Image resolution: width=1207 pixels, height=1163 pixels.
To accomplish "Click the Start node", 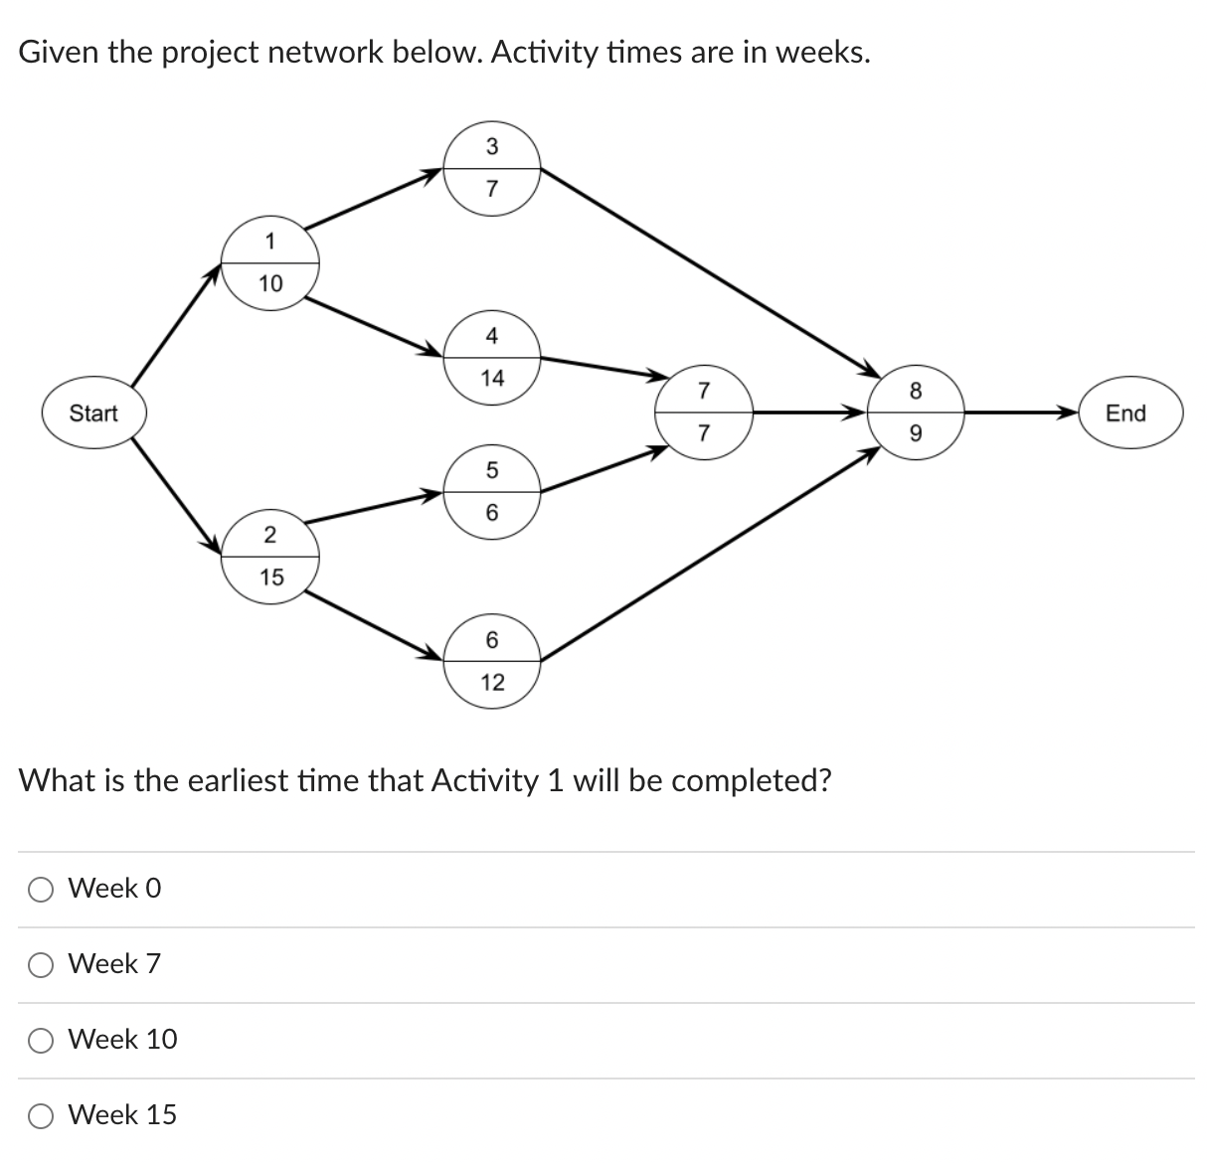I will point(93,413).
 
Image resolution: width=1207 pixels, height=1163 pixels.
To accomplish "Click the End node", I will point(1125,413).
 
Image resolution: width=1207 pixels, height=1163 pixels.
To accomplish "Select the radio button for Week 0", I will point(42,890).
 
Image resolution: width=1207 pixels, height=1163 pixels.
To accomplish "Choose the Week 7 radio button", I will point(42,964).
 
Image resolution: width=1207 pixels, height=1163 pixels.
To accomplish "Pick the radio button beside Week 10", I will point(42,1040).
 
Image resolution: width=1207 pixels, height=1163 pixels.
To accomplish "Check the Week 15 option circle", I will point(42,1115).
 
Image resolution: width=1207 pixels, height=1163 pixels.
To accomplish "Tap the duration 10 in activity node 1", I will point(270,284).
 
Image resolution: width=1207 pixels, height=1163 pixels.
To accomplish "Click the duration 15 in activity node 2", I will point(270,577).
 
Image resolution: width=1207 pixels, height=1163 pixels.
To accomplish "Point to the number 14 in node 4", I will point(492,378).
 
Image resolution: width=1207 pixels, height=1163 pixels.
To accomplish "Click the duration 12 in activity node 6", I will point(492,682).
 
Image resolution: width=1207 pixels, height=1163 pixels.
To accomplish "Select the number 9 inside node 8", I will point(916,433).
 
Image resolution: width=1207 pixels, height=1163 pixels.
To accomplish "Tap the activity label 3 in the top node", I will point(492,147).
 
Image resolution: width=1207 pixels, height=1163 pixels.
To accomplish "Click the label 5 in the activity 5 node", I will point(492,470).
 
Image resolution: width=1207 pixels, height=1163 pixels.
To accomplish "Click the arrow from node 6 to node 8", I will point(706,555).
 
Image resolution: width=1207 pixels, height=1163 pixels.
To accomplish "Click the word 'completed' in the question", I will point(752,781).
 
